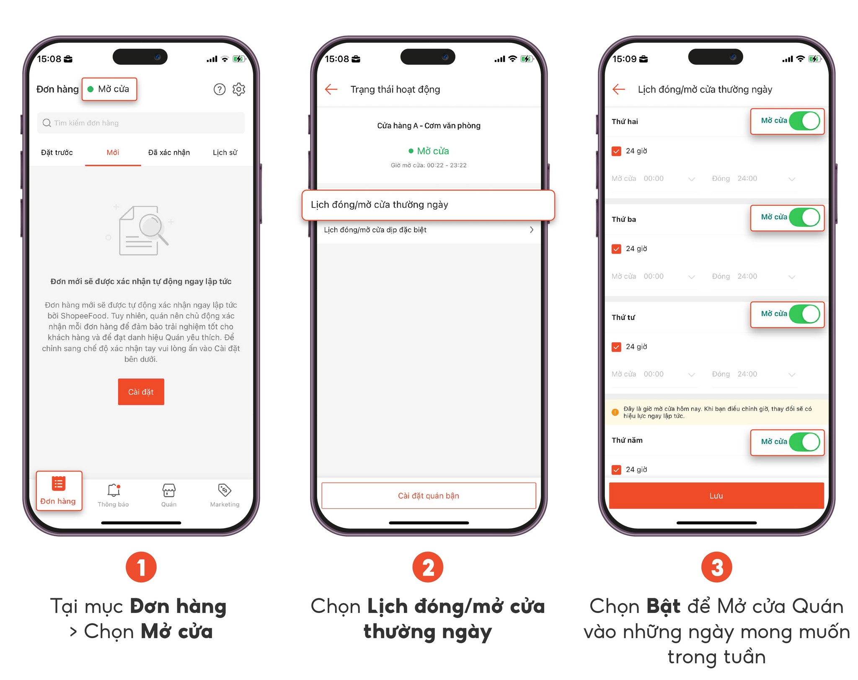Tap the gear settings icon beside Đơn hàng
pos(239,89)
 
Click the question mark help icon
pos(220,89)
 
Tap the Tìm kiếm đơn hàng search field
pos(141,123)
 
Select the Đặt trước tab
pos(57,153)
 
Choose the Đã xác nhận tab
pos(169,153)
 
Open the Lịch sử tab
pos(225,153)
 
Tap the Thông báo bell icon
pos(114,490)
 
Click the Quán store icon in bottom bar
pos(169,490)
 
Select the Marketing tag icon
pos(225,490)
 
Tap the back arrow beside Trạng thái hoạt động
pos(331,89)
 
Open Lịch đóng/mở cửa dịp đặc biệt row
pos(429,230)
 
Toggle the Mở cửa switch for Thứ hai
pos(804,121)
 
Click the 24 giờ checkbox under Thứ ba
pos(616,249)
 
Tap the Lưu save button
pos(716,496)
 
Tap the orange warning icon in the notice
pos(615,412)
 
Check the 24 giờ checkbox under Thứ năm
pos(616,470)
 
